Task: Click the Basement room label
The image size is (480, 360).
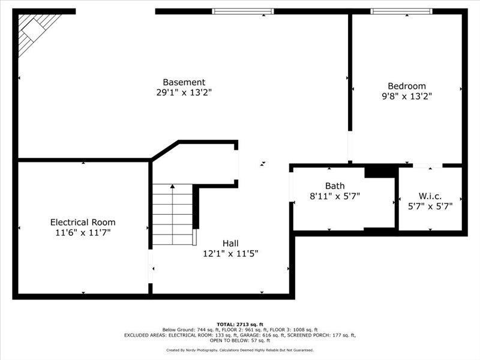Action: coord(184,82)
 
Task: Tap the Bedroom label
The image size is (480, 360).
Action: coord(407,86)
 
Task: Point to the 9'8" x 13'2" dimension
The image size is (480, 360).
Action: coord(407,95)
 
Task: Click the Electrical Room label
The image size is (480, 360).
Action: coord(83,222)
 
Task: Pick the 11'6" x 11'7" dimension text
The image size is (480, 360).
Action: coord(83,232)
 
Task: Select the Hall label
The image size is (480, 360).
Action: coord(231,243)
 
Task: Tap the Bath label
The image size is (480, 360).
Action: coord(335,186)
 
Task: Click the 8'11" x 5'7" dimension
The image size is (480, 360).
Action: coord(335,196)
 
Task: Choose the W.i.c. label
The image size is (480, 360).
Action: coord(430,196)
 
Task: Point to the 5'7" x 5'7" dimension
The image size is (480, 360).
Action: coord(430,206)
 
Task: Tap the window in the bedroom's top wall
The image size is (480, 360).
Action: coord(401,11)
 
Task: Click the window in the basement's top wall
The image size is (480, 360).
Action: coord(243,11)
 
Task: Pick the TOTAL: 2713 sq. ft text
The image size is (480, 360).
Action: coord(240,324)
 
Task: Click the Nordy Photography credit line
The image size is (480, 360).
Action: coord(240,350)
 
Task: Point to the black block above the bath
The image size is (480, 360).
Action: coord(381,171)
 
